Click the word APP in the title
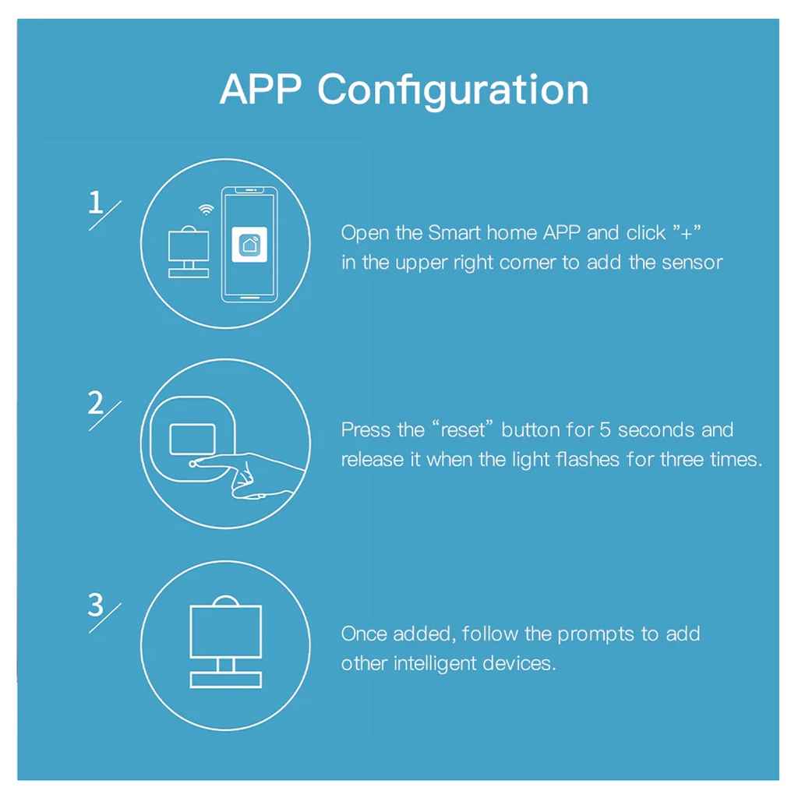[x=260, y=90]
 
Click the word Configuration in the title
[x=454, y=91]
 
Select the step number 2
[x=96, y=403]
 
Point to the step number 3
[x=96, y=605]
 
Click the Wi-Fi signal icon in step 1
[x=206, y=210]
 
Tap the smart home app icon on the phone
[x=249, y=245]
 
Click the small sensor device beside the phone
[x=189, y=252]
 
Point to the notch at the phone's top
[x=249, y=190]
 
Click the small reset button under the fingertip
[x=192, y=464]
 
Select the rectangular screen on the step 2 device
[x=192, y=439]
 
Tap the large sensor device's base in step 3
[x=226, y=680]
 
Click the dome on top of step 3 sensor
[x=226, y=601]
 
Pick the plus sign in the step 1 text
[x=687, y=234]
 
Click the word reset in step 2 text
[x=463, y=430]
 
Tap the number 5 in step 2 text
[x=605, y=430]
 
